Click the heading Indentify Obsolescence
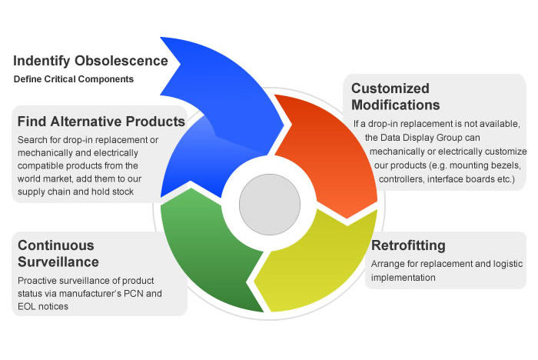pos(91,60)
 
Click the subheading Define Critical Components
pos(74,79)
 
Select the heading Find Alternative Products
pos(101,122)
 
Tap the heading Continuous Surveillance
pos(56,255)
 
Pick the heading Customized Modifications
pos(396,96)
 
